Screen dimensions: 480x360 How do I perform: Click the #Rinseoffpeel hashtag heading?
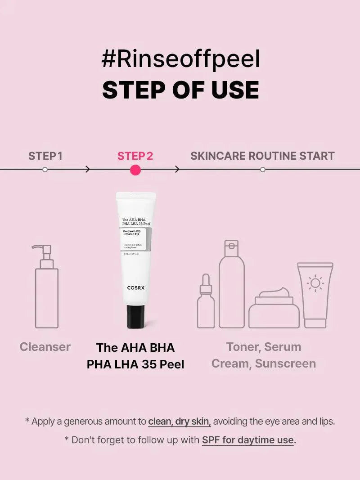tap(180, 60)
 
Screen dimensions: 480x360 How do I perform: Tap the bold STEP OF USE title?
tap(180, 90)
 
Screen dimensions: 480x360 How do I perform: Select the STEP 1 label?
tap(45, 156)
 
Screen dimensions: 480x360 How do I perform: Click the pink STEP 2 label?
tap(135, 156)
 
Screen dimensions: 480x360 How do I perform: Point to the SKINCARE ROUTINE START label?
tap(262, 156)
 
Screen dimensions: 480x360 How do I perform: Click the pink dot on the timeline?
tap(135, 170)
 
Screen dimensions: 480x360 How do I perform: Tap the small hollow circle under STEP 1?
tap(45, 170)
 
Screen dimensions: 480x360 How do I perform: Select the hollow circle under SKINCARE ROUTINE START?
tap(263, 170)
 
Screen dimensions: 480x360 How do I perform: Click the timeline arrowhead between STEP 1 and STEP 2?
tap(88, 170)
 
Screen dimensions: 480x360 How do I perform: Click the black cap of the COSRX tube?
tap(135, 316)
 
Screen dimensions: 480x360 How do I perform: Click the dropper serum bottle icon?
tap(206, 301)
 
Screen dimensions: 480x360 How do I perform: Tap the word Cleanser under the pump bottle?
tap(45, 347)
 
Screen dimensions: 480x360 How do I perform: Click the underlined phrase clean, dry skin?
tap(180, 422)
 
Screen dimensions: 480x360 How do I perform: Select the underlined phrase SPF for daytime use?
tap(247, 440)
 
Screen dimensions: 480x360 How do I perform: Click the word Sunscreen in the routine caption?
tap(285, 363)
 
